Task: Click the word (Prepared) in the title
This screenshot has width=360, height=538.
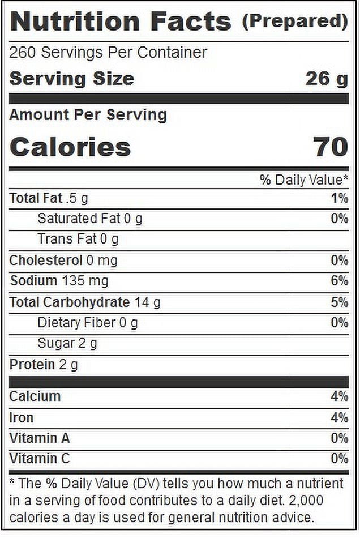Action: point(295,22)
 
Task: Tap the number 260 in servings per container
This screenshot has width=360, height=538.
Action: point(22,53)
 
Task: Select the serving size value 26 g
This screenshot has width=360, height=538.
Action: point(327,79)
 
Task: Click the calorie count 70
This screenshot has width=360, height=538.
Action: point(331,147)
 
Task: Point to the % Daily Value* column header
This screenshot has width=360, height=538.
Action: point(304,180)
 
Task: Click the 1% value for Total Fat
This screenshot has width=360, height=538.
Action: point(340,198)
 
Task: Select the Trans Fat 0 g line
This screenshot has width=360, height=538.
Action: point(78,239)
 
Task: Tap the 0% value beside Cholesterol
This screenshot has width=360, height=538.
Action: point(340,261)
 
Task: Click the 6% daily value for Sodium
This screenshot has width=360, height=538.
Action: point(340,281)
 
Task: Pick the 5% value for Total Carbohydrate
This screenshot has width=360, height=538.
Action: point(340,302)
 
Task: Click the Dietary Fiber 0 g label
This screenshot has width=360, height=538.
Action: point(87,323)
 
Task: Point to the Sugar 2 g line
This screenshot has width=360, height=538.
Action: point(67,343)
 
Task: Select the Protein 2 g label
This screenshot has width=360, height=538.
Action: point(44,365)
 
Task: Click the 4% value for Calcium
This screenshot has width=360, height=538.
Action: point(340,396)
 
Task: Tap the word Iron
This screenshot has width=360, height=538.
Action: point(22,418)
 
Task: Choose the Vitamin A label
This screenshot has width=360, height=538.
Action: point(40,438)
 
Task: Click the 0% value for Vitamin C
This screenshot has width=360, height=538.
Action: point(340,459)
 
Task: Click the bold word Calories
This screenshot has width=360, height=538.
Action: point(70,147)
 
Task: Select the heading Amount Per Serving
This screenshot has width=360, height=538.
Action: point(88,115)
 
